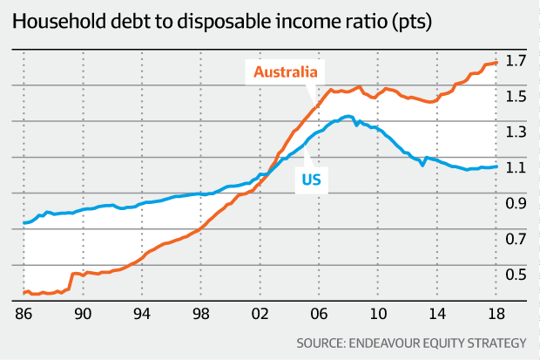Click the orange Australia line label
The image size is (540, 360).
(285, 71)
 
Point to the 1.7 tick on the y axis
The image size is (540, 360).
(516, 61)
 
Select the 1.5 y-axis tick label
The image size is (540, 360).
(516, 97)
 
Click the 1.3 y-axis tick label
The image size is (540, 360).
(516, 132)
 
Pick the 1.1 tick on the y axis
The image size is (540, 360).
(516, 167)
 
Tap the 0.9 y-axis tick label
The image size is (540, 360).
(516, 203)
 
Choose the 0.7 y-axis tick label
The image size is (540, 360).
(516, 239)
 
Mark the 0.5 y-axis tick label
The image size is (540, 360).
(516, 275)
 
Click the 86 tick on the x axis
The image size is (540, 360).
(24, 314)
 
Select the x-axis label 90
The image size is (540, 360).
(83, 314)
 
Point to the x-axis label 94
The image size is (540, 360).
(142, 314)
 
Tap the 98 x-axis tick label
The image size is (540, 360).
(201, 314)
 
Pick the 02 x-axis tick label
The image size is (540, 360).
(260, 314)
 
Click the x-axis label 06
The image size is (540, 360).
(319, 314)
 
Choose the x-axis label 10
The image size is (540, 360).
(377, 314)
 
